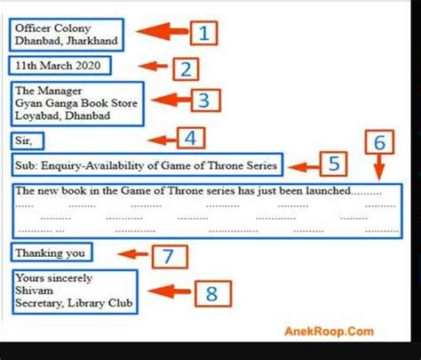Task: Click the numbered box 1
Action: point(203,33)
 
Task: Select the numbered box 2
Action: point(186,69)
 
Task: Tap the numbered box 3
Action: point(206,100)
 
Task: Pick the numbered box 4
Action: point(191,138)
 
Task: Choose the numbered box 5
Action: point(333,164)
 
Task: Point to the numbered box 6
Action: point(379,142)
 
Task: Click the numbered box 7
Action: point(170,256)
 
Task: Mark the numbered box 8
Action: point(213,293)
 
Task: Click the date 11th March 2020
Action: point(58,66)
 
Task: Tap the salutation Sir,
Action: point(24,140)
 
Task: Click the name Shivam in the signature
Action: point(35,291)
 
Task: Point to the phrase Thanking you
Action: point(51,253)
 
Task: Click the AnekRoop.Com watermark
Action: point(329,331)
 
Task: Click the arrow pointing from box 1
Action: point(163,31)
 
